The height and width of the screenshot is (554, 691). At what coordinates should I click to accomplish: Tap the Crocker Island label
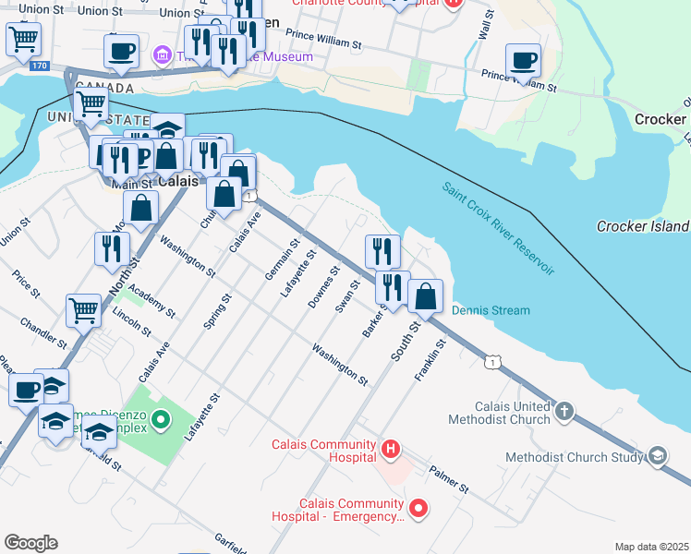(643, 226)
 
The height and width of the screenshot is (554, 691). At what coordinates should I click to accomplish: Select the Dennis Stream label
(491, 310)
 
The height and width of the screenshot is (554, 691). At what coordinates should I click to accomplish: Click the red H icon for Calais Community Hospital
(391, 450)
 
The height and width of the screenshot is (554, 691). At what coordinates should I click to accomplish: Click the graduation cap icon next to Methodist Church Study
(658, 456)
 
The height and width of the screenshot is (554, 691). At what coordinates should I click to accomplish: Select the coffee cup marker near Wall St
(523, 61)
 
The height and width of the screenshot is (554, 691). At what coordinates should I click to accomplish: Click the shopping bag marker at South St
(426, 296)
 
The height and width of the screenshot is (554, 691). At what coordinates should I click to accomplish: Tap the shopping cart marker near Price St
(83, 310)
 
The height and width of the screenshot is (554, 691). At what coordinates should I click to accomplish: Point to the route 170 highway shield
(39, 66)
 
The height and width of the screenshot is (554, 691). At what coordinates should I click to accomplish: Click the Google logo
(30, 542)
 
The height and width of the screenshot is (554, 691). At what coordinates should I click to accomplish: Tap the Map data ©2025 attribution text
(651, 547)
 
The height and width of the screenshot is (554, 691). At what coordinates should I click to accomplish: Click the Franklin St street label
(431, 361)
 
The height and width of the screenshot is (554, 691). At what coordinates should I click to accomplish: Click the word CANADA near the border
(104, 88)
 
